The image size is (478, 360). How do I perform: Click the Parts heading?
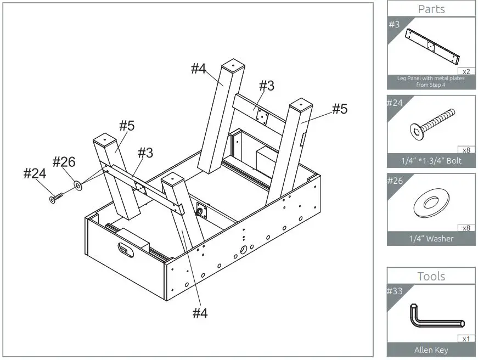431,9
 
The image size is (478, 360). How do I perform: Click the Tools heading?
431,276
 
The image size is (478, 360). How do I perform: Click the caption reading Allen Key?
431,350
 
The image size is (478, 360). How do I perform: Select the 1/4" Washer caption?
431,239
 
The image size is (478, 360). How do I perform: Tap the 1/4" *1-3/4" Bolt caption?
431,160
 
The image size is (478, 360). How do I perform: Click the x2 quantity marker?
466,71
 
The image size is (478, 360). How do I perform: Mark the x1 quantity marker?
466,339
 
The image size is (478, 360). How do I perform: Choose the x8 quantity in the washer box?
466,228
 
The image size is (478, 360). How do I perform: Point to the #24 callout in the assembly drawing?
34,174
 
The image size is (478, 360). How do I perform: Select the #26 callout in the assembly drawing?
64,162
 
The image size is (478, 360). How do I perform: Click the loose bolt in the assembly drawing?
57,197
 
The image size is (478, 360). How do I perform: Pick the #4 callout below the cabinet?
200,313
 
